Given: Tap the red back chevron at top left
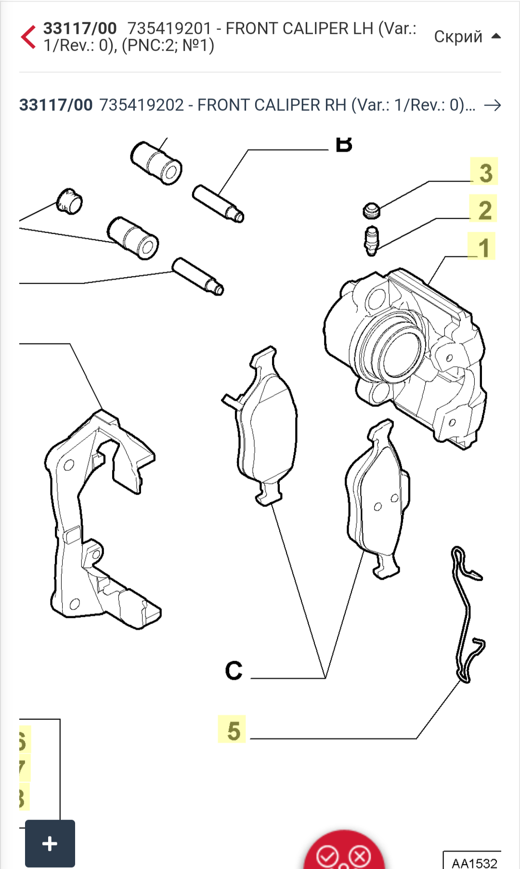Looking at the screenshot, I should (x=28, y=37).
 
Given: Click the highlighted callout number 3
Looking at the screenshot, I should (x=484, y=172).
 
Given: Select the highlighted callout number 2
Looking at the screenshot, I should (x=484, y=209).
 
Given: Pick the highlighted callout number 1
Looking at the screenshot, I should (x=482, y=246).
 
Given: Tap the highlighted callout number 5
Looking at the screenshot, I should (x=233, y=730).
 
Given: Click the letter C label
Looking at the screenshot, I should (x=234, y=671).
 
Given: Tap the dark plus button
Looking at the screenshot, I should (x=50, y=843).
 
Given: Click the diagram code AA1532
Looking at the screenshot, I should (x=474, y=862).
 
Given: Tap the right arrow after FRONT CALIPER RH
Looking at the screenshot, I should (x=493, y=105).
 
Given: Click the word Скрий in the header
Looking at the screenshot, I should (x=458, y=37).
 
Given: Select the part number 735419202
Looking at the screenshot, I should (x=142, y=105).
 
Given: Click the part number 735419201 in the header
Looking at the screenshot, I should (x=169, y=29).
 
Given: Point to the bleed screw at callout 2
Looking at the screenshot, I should (x=371, y=240).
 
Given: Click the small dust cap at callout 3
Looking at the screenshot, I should (x=371, y=210).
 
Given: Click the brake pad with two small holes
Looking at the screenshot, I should (x=378, y=501).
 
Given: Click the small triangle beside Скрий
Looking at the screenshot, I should (x=496, y=36).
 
